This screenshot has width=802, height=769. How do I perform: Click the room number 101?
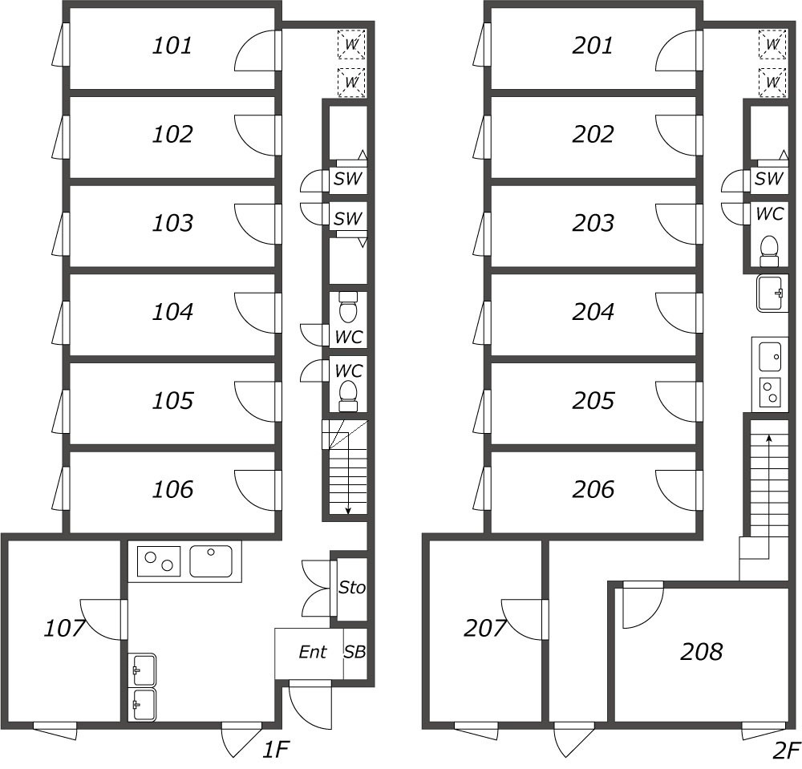coord(172,46)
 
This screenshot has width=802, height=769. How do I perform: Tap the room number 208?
coord(701,651)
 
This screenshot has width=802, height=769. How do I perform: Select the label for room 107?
coord(64,628)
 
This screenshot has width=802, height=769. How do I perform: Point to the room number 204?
coord(593,311)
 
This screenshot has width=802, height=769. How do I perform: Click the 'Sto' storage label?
coord(352,588)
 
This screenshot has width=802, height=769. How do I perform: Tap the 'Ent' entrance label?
coord(313,652)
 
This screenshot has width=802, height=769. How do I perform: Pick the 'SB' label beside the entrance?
coord(354,652)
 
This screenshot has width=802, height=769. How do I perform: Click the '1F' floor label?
coord(276,750)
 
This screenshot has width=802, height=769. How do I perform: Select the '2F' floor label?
coord(786,750)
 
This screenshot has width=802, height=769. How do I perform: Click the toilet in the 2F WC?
coord(769,251)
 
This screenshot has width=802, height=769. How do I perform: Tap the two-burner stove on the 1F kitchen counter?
coord(159,561)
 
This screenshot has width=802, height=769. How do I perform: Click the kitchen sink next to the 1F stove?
coord(211,561)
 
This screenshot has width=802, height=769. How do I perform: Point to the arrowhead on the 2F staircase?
coord(768,438)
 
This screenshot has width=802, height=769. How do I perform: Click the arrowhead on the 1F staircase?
coord(348,510)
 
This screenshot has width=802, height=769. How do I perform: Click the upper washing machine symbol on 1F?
coord(352,44)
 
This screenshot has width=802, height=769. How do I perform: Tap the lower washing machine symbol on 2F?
coord(772,82)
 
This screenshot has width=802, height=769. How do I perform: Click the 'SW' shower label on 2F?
coord(769,179)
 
